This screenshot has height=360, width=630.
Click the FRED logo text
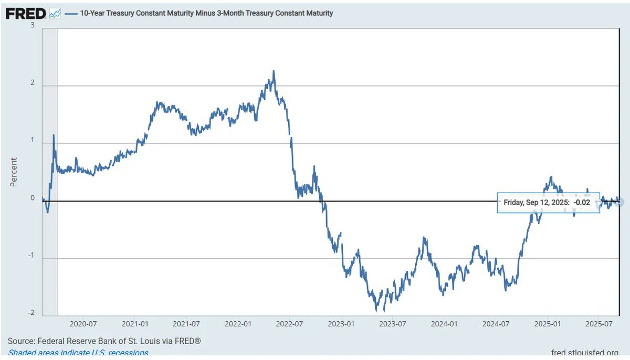[26, 14]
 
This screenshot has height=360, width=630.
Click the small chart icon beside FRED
[55, 14]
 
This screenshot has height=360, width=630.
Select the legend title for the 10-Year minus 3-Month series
[206, 13]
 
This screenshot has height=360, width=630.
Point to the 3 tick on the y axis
[33, 25]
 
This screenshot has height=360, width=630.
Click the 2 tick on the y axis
[33, 83]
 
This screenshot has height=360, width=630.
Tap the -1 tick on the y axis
[31, 256]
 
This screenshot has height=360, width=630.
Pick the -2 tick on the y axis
[31, 313]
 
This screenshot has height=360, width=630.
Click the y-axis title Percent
[14, 172]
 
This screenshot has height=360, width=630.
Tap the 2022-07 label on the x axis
[290, 324]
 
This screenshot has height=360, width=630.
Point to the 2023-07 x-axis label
[393, 324]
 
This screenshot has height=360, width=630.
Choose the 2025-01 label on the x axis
[548, 324]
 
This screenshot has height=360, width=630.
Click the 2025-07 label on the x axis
[598, 324]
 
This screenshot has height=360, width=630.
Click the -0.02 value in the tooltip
[582, 202]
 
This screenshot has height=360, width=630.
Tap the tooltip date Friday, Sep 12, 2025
[536, 202]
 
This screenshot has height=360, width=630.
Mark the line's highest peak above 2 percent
[274, 71]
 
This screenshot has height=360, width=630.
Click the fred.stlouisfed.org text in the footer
[585, 353]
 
